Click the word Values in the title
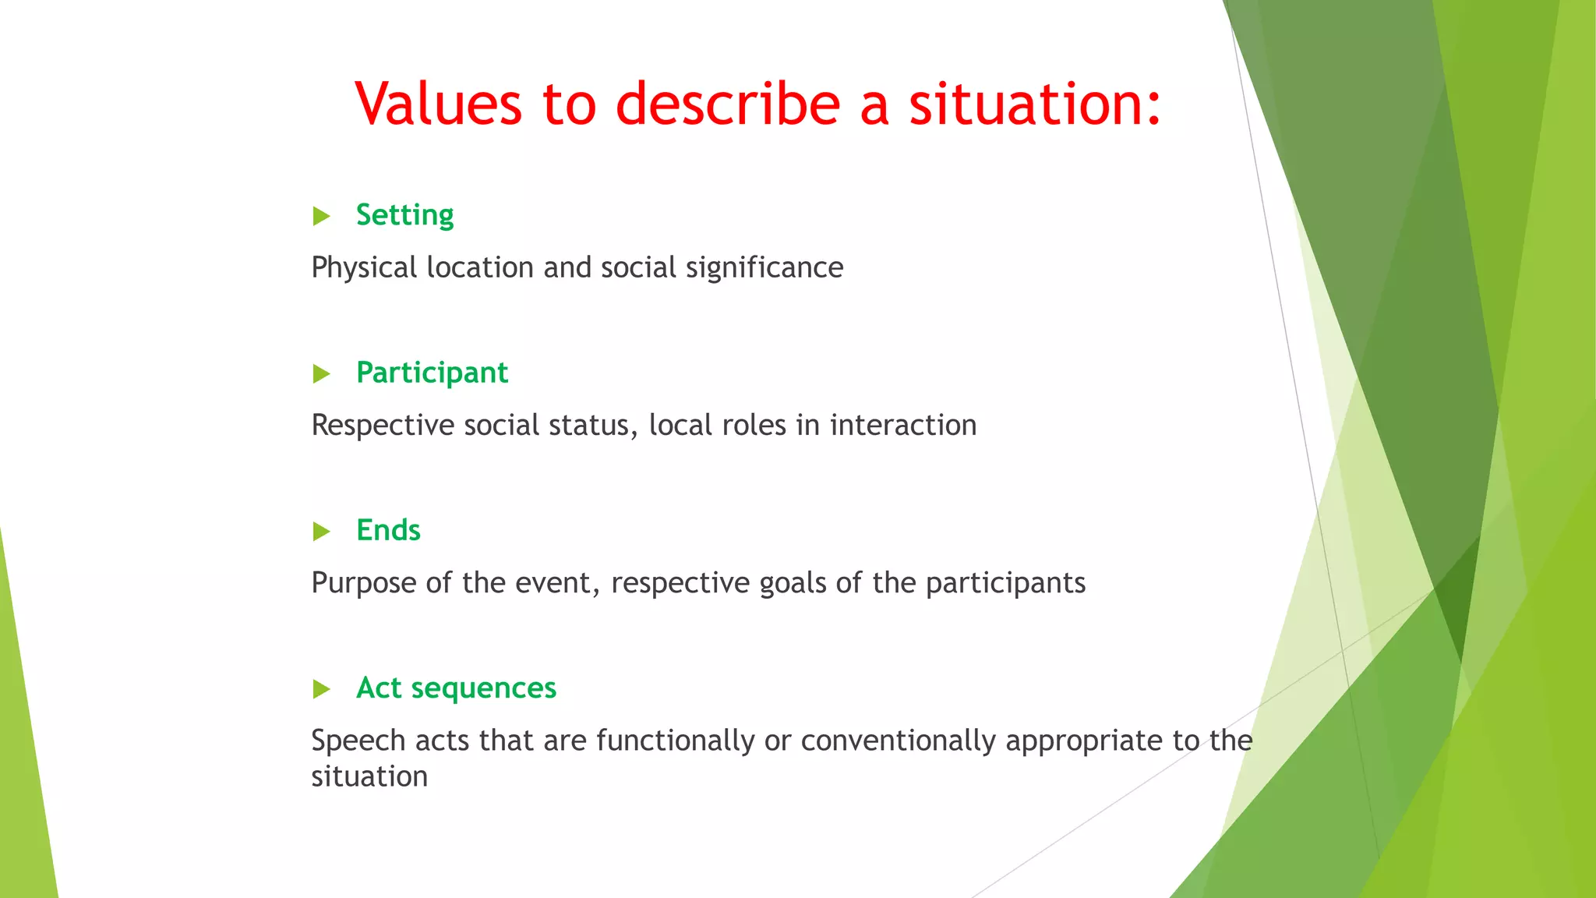point(438,104)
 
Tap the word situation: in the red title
point(1035,104)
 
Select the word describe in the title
point(728,104)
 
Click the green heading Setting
point(404,215)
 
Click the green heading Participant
point(432,373)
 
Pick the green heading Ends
point(388,530)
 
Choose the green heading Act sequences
point(456,688)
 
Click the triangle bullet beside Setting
point(321,216)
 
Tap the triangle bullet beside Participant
point(321,374)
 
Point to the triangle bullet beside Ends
point(321,532)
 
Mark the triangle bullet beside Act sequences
point(321,689)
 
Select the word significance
point(764,268)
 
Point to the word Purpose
point(363,584)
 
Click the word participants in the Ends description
point(1005,584)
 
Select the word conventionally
point(898,741)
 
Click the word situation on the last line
point(369,776)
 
